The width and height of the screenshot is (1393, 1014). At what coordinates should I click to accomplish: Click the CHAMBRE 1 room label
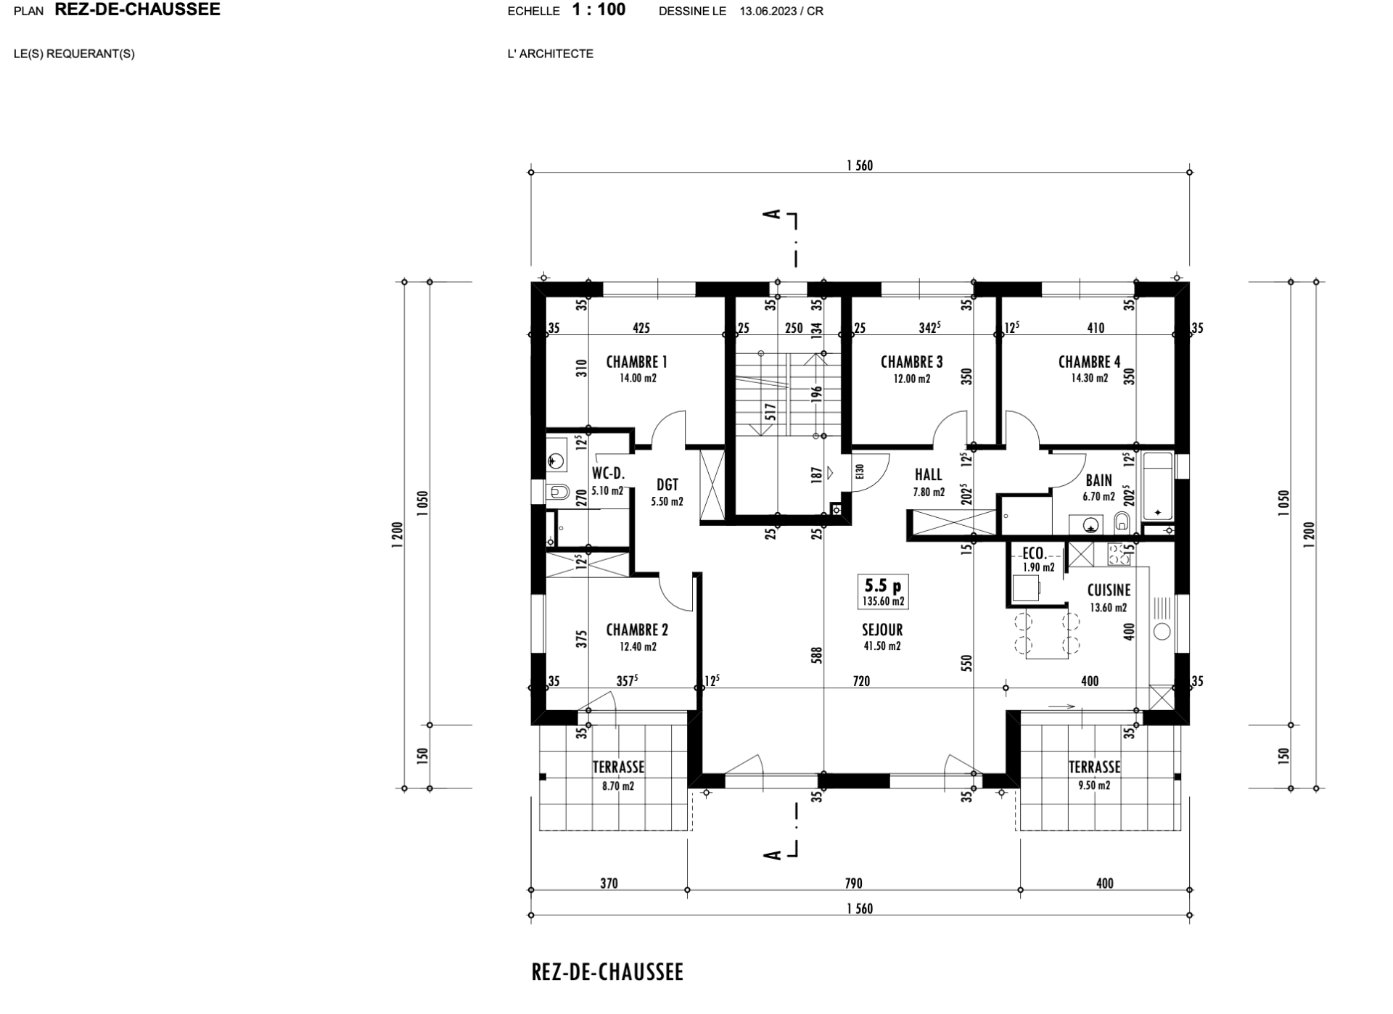[636, 362]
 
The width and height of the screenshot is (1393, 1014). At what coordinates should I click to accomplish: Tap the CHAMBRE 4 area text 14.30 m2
[1089, 379]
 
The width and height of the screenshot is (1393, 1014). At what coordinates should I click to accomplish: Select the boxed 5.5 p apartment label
[882, 585]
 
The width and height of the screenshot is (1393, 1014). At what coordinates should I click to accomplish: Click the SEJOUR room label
[882, 630]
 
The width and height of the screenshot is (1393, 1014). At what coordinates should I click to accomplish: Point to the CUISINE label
[1108, 591]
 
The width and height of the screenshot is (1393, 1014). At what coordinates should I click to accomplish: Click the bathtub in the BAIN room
[1157, 486]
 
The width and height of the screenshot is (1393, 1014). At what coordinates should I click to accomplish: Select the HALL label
[928, 475]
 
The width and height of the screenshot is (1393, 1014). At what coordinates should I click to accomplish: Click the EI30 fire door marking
[860, 472]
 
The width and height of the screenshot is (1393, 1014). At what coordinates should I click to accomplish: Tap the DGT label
[667, 485]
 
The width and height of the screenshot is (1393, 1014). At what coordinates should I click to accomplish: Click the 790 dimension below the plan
[853, 883]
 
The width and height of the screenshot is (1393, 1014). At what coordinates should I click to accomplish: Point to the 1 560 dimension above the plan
[859, 165]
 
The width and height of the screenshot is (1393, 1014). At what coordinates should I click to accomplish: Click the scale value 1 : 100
[599, 10]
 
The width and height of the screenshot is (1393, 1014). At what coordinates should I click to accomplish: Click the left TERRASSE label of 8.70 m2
[618, 767]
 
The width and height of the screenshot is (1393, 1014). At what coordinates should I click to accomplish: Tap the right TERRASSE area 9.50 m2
[1093, 786]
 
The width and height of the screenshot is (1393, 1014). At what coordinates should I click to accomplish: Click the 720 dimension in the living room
[861, 681]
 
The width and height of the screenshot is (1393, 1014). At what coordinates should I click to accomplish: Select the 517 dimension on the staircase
[771, 412]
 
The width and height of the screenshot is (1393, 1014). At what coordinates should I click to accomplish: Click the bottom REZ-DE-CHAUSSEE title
[607, 973]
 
